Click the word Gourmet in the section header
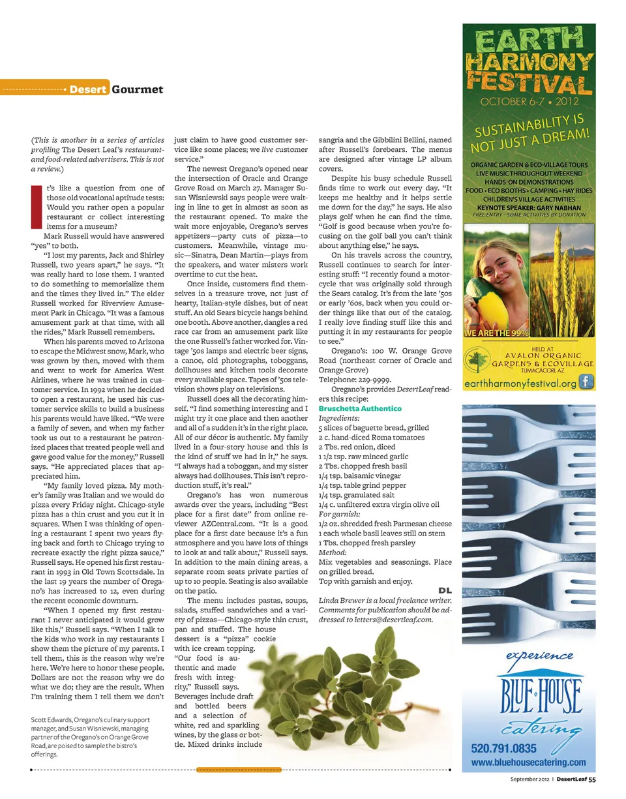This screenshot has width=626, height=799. tap(137, 89)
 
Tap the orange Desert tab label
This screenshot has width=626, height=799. tap(88, 89)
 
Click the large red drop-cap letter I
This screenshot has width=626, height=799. tap(36, 207)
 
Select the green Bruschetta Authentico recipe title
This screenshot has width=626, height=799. tap(360, 408)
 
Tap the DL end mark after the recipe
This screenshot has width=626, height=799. tap(445, 590)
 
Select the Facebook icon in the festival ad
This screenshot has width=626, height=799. tap(587, 383)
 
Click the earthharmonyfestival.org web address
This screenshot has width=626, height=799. tap(520, 384)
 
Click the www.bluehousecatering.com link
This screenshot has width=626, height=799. tap(528, 762)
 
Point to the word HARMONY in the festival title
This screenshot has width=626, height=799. tap(529, 62)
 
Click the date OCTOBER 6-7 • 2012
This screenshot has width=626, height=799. tap(529, 102)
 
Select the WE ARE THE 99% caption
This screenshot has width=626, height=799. tap(496, 334)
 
